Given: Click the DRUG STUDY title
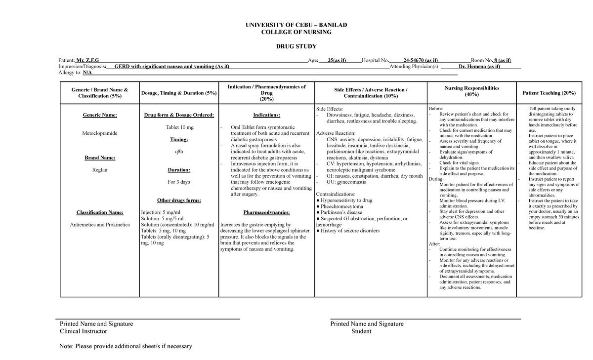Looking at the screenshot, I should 296,46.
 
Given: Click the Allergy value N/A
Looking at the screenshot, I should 87,73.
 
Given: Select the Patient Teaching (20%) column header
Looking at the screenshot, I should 549,93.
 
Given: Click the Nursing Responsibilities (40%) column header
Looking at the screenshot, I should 471,91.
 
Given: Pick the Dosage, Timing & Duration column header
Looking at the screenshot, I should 179,93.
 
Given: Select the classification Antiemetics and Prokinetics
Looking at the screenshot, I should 99,225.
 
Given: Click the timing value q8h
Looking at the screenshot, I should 179,152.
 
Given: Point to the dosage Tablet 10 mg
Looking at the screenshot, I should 179,127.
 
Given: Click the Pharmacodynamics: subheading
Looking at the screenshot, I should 266,213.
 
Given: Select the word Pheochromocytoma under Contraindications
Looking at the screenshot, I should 341,206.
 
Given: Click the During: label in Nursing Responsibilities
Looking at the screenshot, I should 436,179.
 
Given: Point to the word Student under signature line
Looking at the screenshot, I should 361,331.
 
